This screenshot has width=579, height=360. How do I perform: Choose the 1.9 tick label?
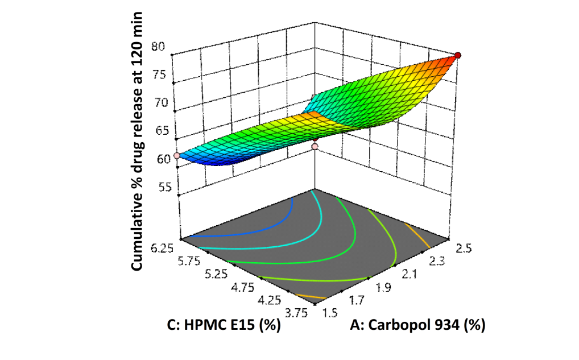click(383, 288)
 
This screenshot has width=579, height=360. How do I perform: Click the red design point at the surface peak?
click(458, 55)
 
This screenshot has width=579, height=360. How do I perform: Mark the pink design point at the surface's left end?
click(177, 155)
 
